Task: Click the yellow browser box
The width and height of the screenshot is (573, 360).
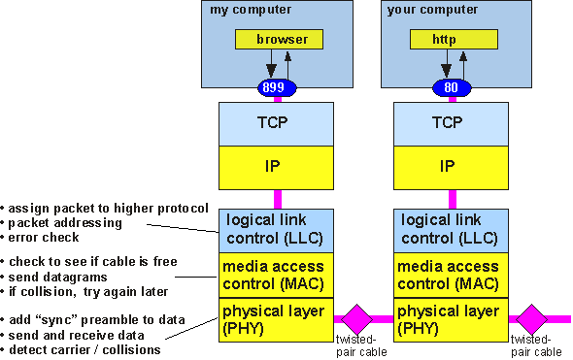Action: click(x=282, y=40)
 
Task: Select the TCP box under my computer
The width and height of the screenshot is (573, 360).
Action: click(x=276, y=123)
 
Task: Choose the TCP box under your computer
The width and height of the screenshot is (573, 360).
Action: click(x=448, y=123)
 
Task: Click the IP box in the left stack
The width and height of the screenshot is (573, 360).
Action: click(x=276, y=167)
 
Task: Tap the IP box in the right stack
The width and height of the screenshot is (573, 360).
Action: click(x=448, y=167)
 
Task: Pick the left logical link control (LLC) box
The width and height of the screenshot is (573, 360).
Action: click(x=276, y=230)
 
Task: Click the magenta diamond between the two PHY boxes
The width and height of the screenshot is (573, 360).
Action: click(x=356, y=318)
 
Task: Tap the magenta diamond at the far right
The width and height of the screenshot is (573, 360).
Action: click(x=532, y=318)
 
